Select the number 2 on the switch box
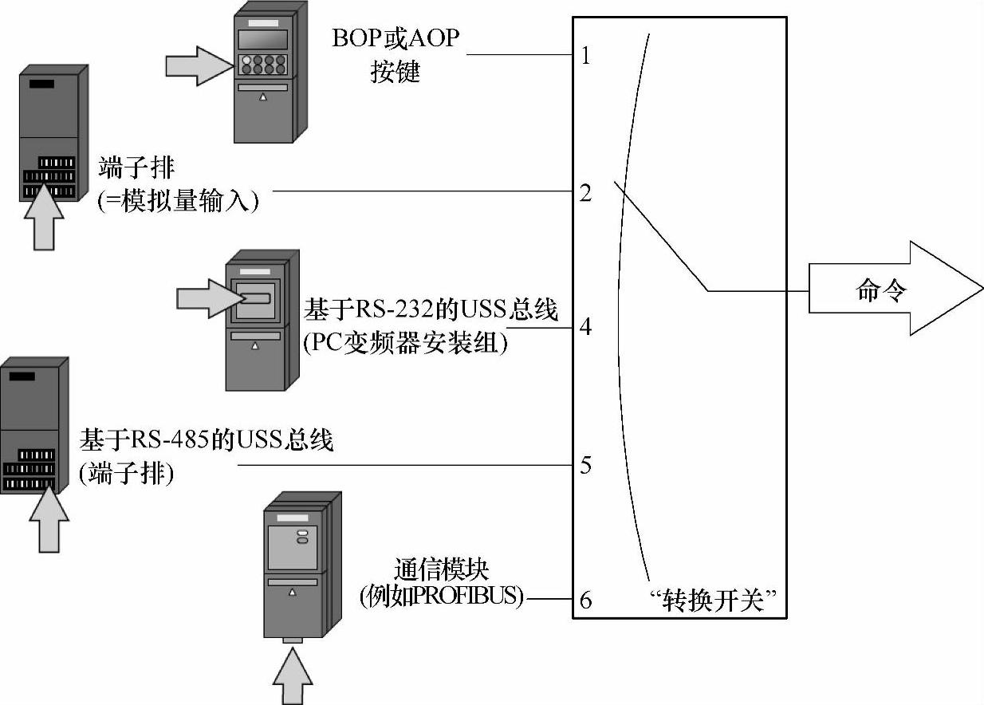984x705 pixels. (x=585, y=193)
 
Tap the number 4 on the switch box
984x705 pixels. (x=585, y=327)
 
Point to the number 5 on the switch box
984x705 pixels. (x=585, y=465)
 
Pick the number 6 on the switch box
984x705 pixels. (x=585, y=599)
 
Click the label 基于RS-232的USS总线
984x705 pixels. (x=431, y=311)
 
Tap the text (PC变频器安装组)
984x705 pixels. (x=404, y=345)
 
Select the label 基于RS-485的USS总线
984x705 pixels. (x=206, y=439)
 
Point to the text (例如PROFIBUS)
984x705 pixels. (x=441, y=597)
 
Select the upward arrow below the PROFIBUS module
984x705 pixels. (x=293, y=675)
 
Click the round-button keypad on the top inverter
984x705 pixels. (x=262, y=63)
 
